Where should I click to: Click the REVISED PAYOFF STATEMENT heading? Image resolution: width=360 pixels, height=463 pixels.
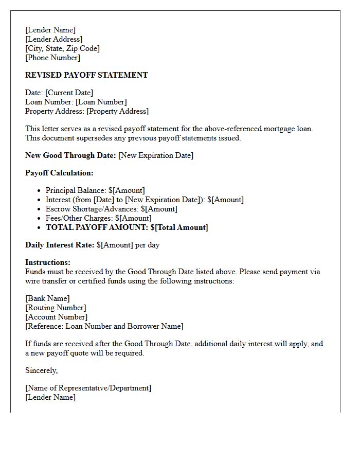pos(86,75)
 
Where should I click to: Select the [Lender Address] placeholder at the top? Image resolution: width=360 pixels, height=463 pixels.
pos(53,39)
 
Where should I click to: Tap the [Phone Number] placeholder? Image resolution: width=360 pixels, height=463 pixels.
pos(52,58)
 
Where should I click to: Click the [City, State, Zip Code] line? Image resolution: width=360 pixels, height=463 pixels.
pos(62,48)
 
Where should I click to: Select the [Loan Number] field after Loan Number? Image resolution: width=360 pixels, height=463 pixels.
pos(101,102)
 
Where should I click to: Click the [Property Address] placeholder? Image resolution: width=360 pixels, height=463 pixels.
pos(117,111)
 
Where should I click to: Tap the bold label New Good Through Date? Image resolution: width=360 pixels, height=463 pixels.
pos(70,155)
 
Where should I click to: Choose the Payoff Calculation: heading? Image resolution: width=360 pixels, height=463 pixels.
pos(59,173)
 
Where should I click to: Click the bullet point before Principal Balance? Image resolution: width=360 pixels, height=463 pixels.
pos(39,191)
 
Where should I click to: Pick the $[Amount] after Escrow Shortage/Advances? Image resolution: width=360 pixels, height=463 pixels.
pos(159,209)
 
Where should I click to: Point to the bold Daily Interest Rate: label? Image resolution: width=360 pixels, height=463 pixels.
pos(60,245)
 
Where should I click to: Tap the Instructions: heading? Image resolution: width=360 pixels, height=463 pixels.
pos(48,262)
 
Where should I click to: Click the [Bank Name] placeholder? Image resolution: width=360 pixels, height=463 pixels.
pos(47,298)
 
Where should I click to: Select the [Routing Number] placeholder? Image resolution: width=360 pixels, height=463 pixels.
pos(56,308)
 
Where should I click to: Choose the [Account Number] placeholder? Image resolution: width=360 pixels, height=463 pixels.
pos(56,317)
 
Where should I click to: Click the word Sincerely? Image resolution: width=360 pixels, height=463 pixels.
pos(41,370)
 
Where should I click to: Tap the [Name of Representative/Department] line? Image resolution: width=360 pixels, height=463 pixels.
pos(88,388)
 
